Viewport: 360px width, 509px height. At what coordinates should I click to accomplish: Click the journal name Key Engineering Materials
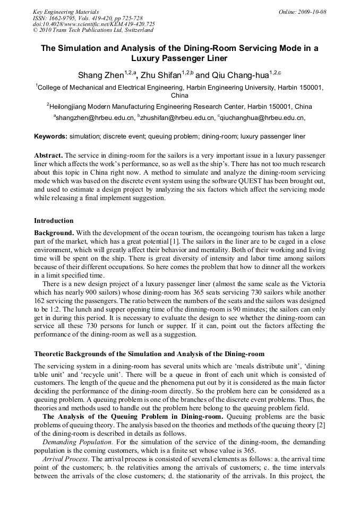[x=66, y=12]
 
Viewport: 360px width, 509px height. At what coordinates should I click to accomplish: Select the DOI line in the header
[x=94, y=24]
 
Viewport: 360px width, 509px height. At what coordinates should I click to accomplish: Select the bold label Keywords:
[x=51, y=136]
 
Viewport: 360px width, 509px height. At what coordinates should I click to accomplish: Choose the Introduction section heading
[x=54, y=220]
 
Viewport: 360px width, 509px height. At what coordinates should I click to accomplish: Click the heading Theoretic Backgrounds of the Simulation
[x=149, y=353]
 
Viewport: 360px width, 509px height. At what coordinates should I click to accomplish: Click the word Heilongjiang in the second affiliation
[x=70, y=106]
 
